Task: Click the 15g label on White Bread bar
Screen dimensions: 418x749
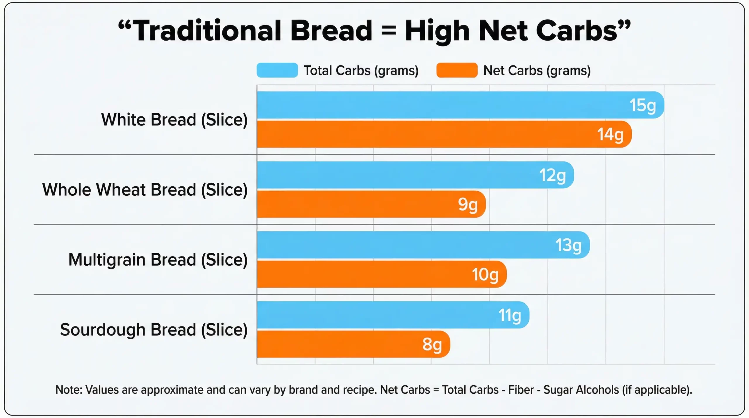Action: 643,105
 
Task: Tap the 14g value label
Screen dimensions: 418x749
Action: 610,135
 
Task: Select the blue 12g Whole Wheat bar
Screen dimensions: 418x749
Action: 410,175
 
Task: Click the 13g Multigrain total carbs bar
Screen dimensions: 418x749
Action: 410,245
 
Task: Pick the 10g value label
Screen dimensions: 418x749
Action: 485,275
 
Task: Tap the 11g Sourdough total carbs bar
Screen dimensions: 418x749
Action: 380,315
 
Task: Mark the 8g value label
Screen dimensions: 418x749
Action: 432,345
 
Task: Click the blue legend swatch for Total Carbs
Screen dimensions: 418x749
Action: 277,70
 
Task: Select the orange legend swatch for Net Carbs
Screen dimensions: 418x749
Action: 457,70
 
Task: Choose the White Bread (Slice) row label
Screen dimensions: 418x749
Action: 174,120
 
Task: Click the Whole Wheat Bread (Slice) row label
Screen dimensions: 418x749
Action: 145,190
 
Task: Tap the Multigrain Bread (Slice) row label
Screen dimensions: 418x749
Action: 158,260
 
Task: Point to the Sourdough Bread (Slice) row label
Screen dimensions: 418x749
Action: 154,330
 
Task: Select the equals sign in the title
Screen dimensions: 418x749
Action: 389,31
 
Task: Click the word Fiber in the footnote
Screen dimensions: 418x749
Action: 521,390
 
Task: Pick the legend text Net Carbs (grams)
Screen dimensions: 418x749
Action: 537,70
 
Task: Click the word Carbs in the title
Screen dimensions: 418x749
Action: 576,31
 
